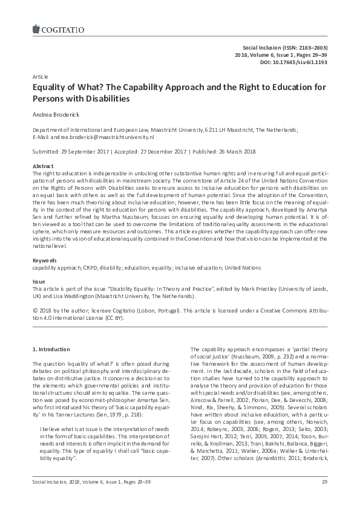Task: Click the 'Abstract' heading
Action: (42, 166)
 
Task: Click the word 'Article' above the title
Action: (39, 78)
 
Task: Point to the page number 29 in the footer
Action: (324, 498)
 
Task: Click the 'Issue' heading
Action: (39, 282)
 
